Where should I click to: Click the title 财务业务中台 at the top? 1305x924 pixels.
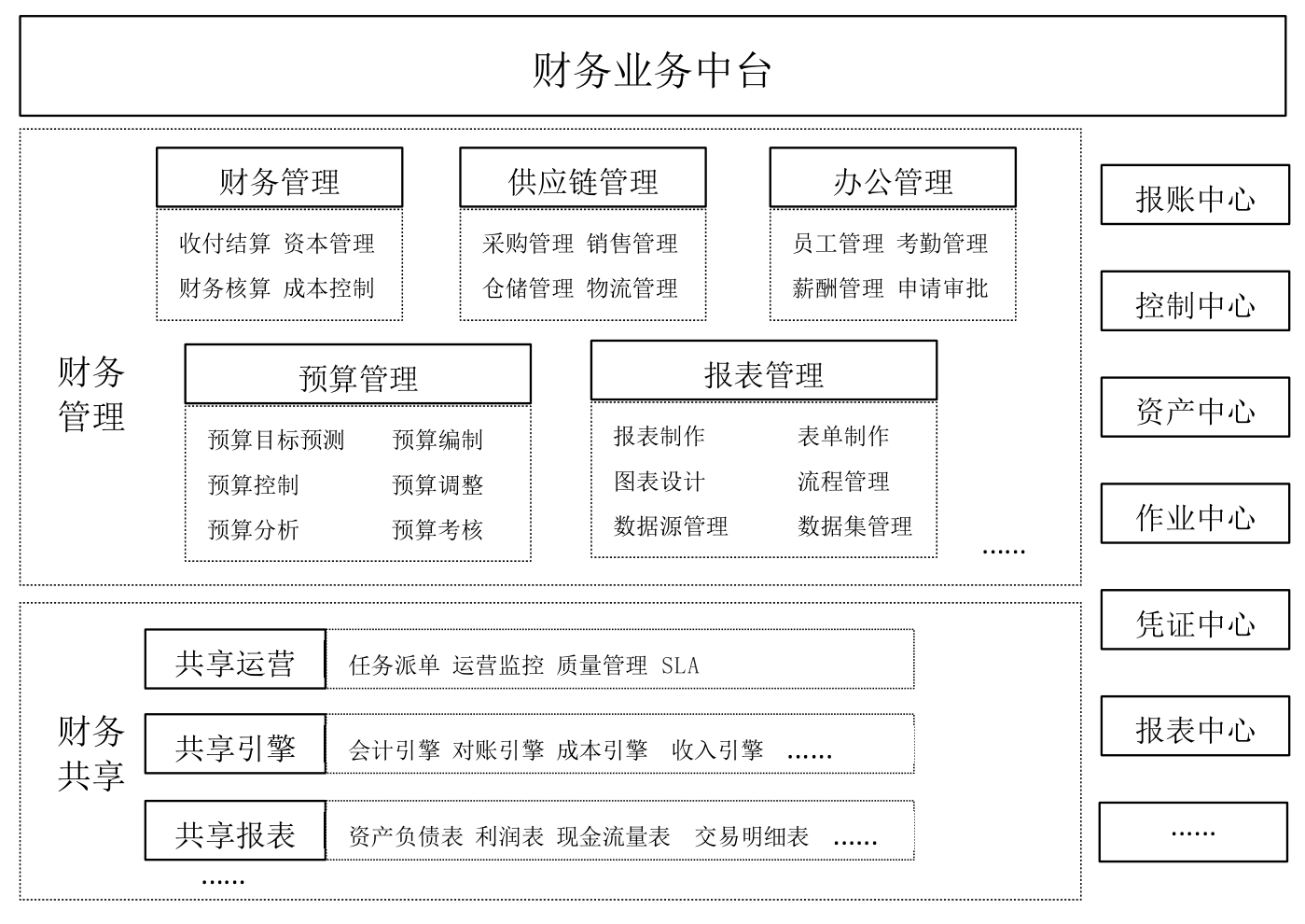pos(652,70)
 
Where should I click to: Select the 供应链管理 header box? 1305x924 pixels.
pos(583,177)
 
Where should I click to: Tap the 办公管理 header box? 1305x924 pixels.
pos(893,177)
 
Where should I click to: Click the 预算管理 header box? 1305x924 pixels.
pos(357,373)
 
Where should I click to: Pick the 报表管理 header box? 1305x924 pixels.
pos(764,371)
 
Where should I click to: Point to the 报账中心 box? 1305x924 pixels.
pos(1195,195)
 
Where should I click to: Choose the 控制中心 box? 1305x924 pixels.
pos(1195,301)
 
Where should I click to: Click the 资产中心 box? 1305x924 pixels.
pos(1195,407)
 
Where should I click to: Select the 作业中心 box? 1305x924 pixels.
pos(1195,513)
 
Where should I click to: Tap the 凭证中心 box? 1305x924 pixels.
pos(1195,619)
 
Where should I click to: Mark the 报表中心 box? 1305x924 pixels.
pos(1195,725)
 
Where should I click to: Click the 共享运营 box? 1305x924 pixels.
pos(235,659)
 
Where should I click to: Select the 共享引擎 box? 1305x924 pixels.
pos(235,743)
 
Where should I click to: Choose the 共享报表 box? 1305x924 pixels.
pos(235,830)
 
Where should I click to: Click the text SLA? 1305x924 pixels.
pos(680,665)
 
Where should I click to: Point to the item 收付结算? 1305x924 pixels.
pos(224,243)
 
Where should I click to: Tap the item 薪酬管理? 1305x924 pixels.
pos(838,288)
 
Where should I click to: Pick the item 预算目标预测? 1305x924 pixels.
pos(275,440)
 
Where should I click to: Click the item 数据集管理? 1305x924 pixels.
pos(854,525)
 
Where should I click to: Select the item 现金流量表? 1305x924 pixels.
pos(614,836)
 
